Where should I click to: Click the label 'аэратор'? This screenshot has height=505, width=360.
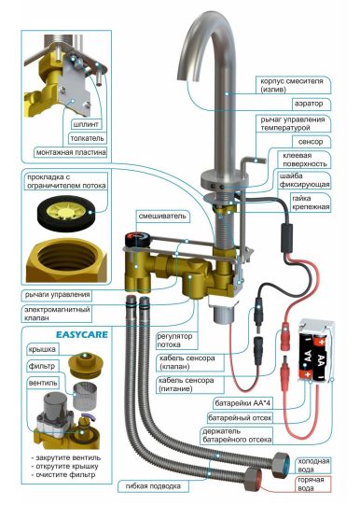pyautogui.click(x=308, y=104)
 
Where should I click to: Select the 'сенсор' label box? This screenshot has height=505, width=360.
pyautogui.click(x=311, y=142)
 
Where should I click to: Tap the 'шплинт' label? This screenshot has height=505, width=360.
pyautogui.click(x=86, y=124)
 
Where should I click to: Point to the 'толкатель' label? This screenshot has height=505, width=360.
pyautogui.click(x=87, y=138)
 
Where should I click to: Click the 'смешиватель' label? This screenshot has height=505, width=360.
pyautogui.click(x=162, y=216)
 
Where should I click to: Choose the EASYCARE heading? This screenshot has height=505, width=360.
pyautogui.click(x=82, y=334)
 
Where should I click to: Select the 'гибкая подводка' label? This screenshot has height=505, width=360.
pyautogui.click(x=153, y=486)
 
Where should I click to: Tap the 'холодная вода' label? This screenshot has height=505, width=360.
pyautogui.click(x=313, y=466)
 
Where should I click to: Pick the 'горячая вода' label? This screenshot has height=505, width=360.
pyautogui.click(x=311, y=484)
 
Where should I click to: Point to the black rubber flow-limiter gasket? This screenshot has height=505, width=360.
pyautogui.click(x=66, y=213)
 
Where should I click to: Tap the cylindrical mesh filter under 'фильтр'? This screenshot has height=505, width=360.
pyautogui.click(x=84, y=394)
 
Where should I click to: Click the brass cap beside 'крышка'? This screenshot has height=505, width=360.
pyautogui.click(x=85, y=365)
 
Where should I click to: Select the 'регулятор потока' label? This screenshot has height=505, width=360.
pyautogui.click(x=174, y=341)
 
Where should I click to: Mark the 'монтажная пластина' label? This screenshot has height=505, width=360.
pyautogui.click(x=71, y=152)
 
